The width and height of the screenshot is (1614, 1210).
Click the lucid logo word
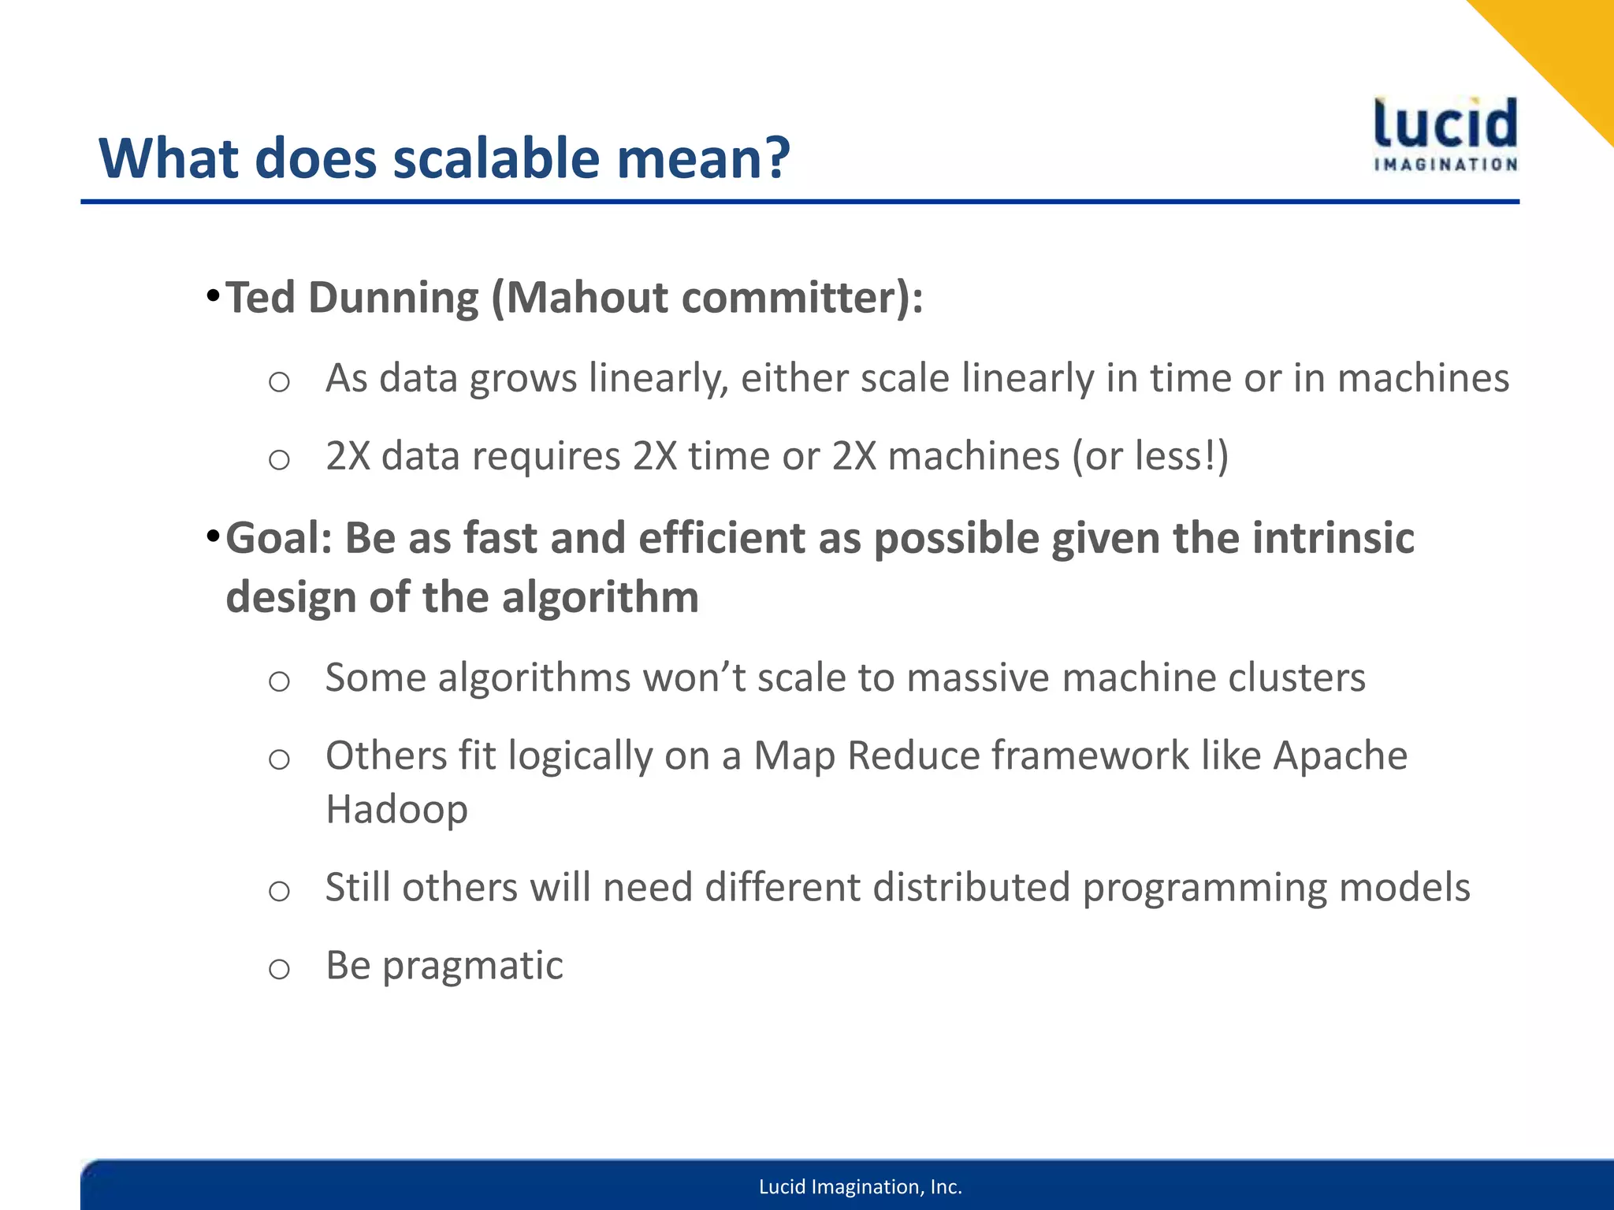(x=1445, y=124)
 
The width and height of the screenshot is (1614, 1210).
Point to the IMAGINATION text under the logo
(x=1445, y=165)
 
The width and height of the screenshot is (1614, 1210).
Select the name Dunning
(x=393, y=298)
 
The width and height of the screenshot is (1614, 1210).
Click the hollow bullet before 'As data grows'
(x=279, y=382)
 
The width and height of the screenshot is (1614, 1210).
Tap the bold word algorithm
(x=600, y=597)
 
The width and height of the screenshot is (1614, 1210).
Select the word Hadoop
(x=396, y=809)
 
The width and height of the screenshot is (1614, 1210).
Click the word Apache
(x=1340, y=755)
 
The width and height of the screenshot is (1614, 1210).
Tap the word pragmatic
(x=472, y=966)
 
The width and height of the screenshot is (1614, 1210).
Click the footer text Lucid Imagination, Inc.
(x=860, y=1187)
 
